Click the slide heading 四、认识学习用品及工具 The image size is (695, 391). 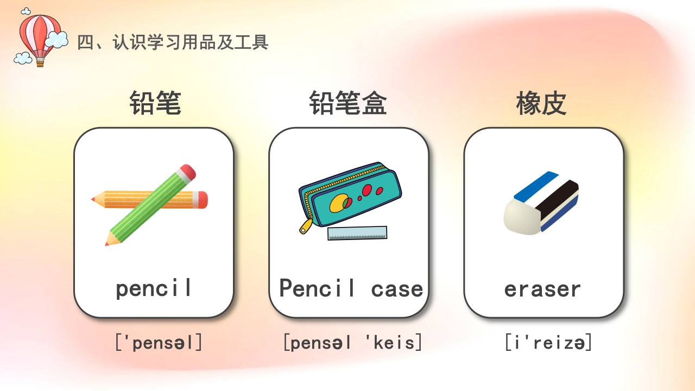[x=173, y=42]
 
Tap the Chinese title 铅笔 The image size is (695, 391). [x=155, y=103]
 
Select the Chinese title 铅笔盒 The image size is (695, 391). [x=348, y=103]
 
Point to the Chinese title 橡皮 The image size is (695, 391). [x=541, y=103]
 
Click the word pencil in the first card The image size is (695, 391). [x=154, y=288]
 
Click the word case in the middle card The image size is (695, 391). [x=397, y=288]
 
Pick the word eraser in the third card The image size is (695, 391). [x=542, y=289]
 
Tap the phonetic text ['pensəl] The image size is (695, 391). [x=159, y=343]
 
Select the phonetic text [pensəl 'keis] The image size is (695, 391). [x=352, y=343]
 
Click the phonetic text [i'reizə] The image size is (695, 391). [x=548, y=343]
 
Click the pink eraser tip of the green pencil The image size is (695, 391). [x=187, y=172]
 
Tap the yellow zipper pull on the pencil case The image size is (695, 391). [x=305, y=227]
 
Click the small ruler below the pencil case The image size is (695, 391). [x=357, y=233]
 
